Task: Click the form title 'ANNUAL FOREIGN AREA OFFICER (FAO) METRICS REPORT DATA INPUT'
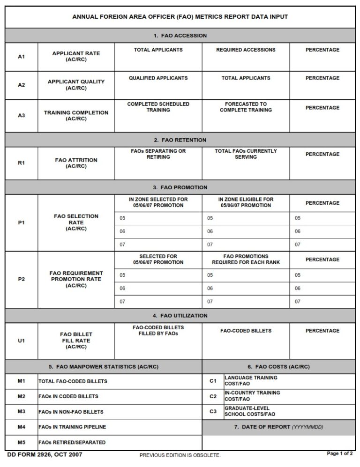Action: (x=180, y=17)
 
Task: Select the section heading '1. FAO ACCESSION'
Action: (x=180, y=36)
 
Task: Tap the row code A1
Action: (x=21, y=57)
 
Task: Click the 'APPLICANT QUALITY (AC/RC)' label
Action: (x=76, y=85)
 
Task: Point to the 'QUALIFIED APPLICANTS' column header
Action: (x=158, y=78)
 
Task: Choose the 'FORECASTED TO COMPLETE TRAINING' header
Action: (x=246, y=107)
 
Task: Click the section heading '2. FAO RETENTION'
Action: (x=180, y=140)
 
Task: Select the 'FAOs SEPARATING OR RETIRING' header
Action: (x=158, y=154)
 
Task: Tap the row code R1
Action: (x=21, y=163)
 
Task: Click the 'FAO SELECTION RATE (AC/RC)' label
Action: (x=76, y=222)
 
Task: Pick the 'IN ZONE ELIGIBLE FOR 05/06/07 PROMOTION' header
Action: (x=246, y=202)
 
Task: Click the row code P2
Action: (x=21, y=279)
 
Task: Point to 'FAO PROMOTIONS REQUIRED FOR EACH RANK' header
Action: (x=246, y=259)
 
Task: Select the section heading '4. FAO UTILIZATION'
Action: (x=180, y=316)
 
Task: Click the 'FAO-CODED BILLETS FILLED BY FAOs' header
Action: (x=158, y=330)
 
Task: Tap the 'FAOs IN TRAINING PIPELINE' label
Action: (x=72, y=427)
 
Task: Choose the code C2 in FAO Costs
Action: (x=213, y=396)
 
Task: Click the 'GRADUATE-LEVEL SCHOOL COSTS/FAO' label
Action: (x=250, y=411)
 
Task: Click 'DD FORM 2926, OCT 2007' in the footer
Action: (x=45, y=454)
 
